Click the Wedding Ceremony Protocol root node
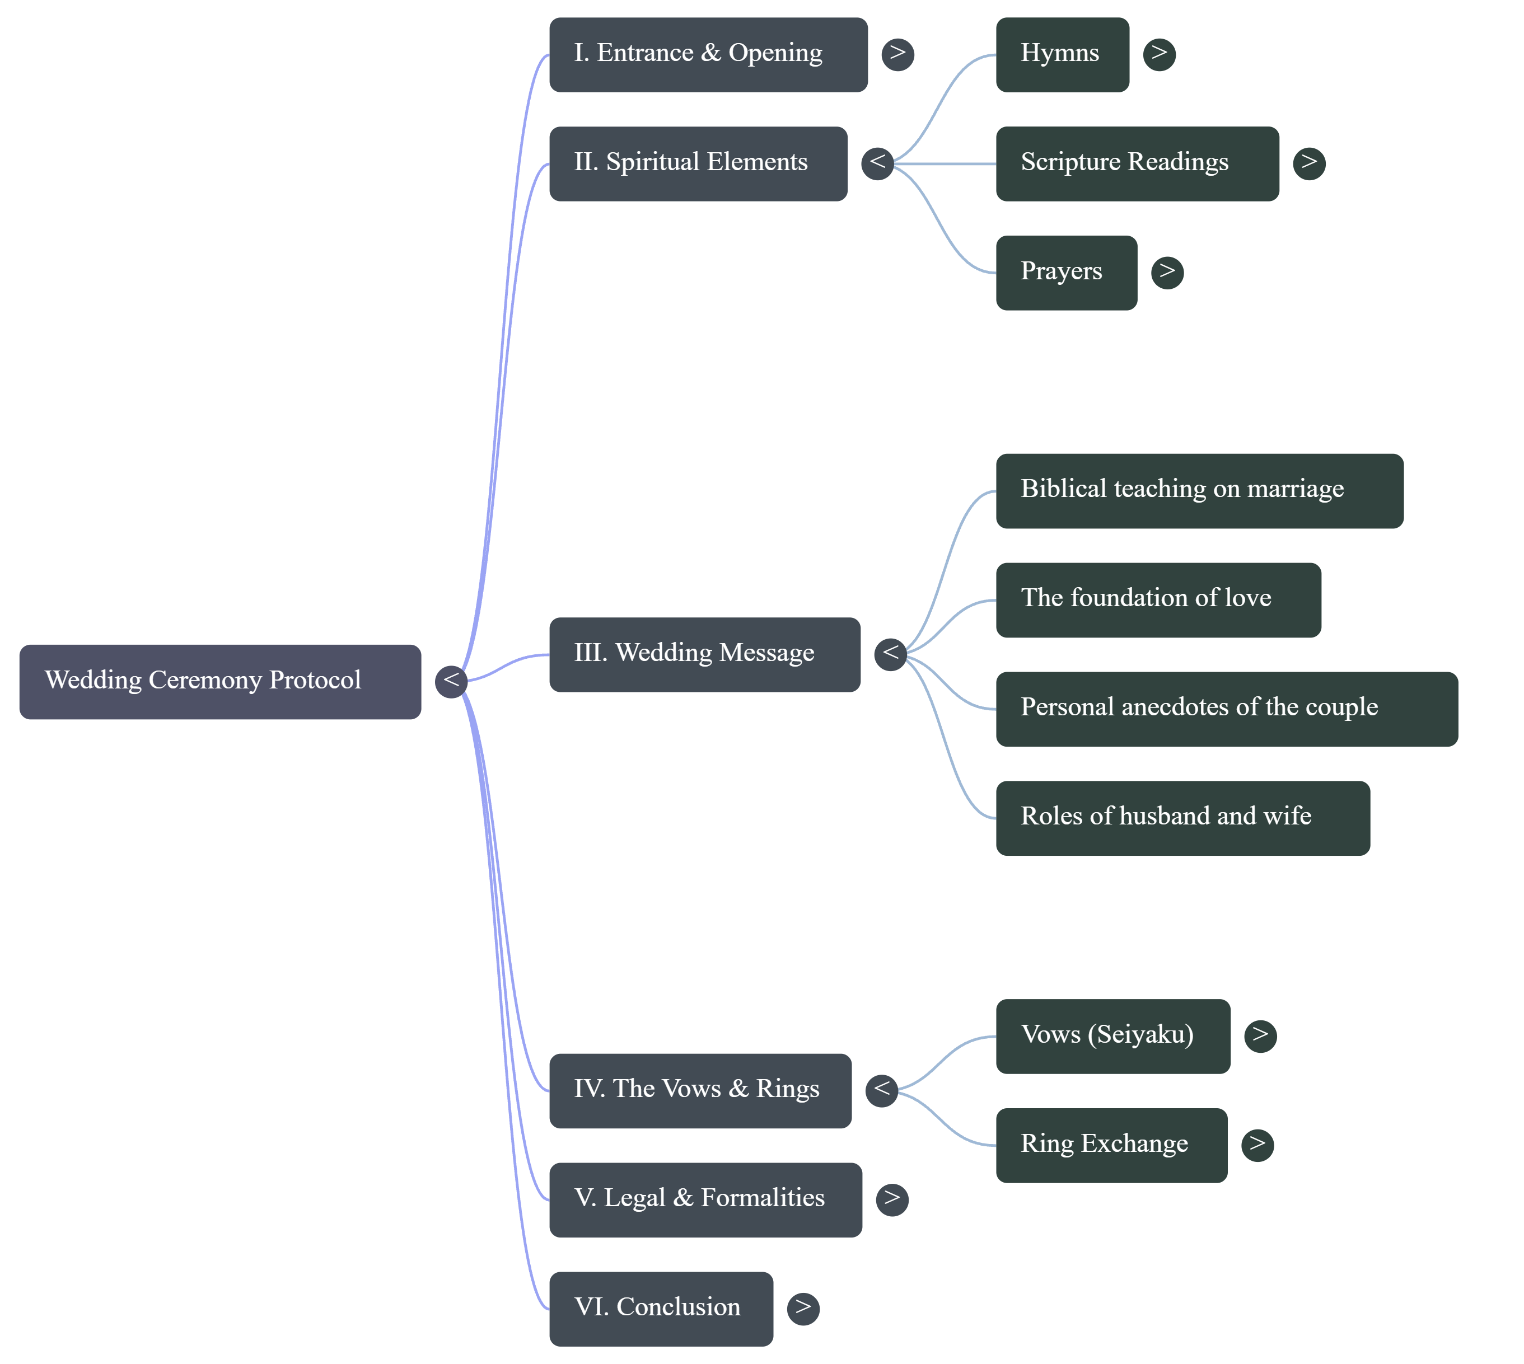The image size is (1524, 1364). pos(219,681)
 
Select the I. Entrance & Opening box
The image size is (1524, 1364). pos(708,55)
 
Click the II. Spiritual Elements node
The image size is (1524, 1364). pos(698,163)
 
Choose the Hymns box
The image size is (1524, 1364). pos(1062,55)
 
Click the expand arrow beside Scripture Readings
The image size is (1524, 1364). pos(1309,163)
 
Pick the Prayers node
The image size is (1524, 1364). pos(1065,272)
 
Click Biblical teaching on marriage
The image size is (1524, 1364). pos(1199,491)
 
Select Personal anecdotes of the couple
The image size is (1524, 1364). pos(1226,709)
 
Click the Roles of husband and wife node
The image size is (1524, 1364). pos(1182,818)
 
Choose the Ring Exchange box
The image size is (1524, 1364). pos(1111,1145)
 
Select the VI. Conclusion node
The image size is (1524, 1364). pos(661,1309)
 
